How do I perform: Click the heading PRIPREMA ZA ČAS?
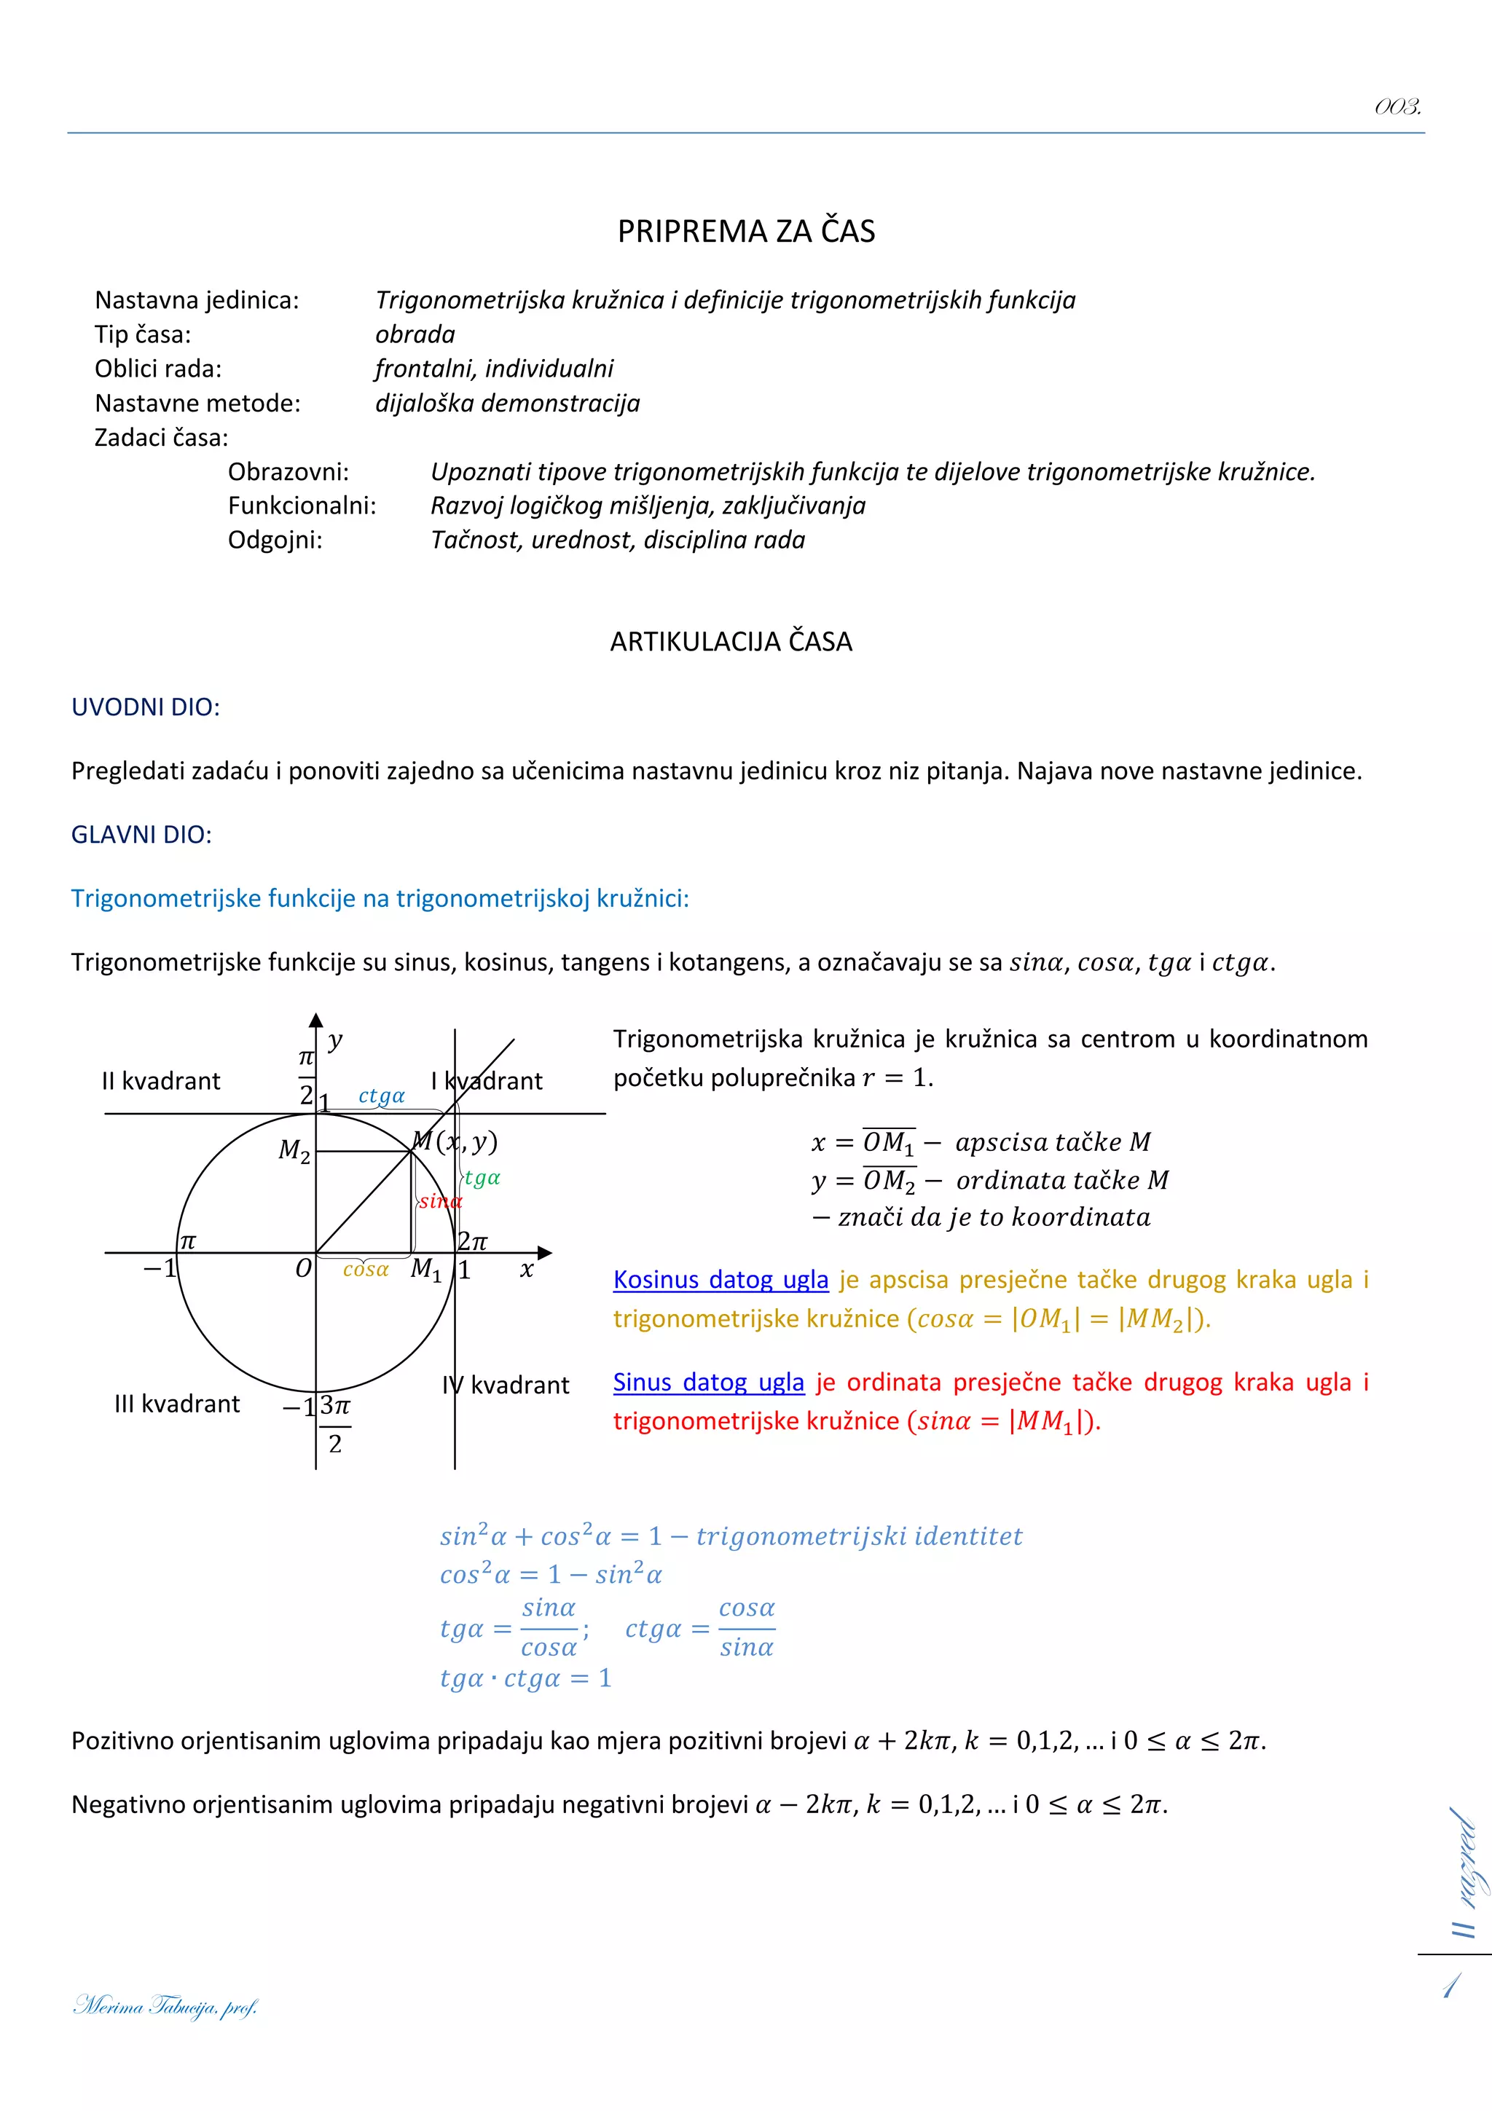tap(745, 231)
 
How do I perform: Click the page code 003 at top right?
tap(1397, 108)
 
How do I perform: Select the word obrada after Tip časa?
tap(415, 334)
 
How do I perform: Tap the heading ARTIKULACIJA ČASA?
tap(731, 642)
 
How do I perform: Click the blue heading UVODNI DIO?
tap(145, 707)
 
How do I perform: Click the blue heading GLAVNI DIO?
tap(141, 835)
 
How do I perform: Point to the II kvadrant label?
tap(161, 1081)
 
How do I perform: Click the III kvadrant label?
tap(176, 1404)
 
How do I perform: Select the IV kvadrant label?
tap(506, 1385)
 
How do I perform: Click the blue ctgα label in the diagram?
tap(382, 1096)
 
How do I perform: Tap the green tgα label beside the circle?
tap(482, 1178)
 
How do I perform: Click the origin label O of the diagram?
tap(303, 1270)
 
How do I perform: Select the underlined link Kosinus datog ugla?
tap(721, 1280)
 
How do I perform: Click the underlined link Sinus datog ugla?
tap(708, 1382)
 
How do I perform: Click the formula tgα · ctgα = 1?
tap(525, 1678)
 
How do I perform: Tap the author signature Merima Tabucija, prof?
tap(165, 2005)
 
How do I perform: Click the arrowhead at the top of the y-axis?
tap(316, 1020)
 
